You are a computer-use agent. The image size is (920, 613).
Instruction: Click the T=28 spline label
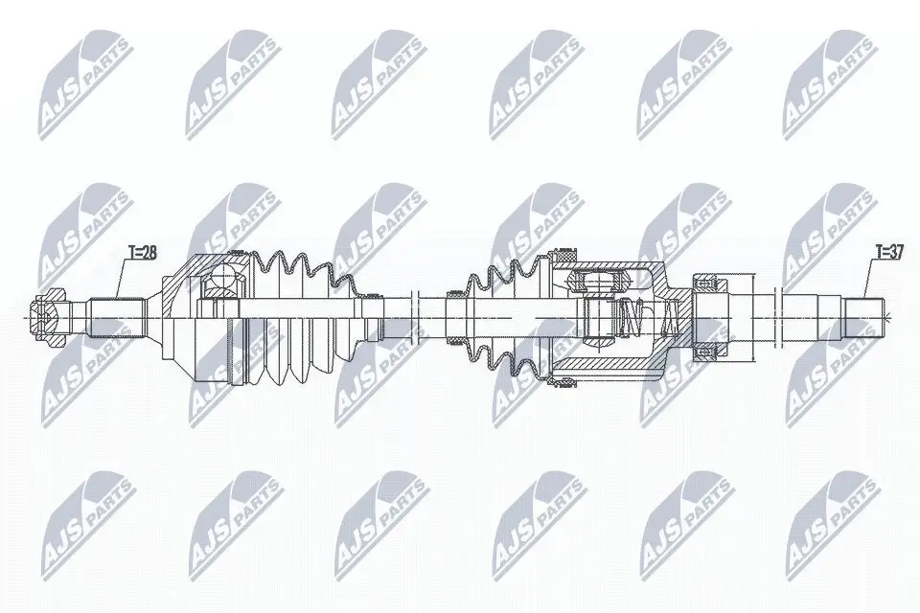point(143,253)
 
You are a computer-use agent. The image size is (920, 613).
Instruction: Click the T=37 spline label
point(889,252)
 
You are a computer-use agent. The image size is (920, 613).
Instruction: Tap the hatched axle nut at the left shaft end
point(46,318)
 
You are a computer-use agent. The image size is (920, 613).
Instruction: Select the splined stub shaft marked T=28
point(116,318)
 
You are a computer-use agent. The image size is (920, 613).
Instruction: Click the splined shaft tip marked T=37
point(863,318)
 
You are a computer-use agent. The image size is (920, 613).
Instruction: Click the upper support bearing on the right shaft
point(708,284)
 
